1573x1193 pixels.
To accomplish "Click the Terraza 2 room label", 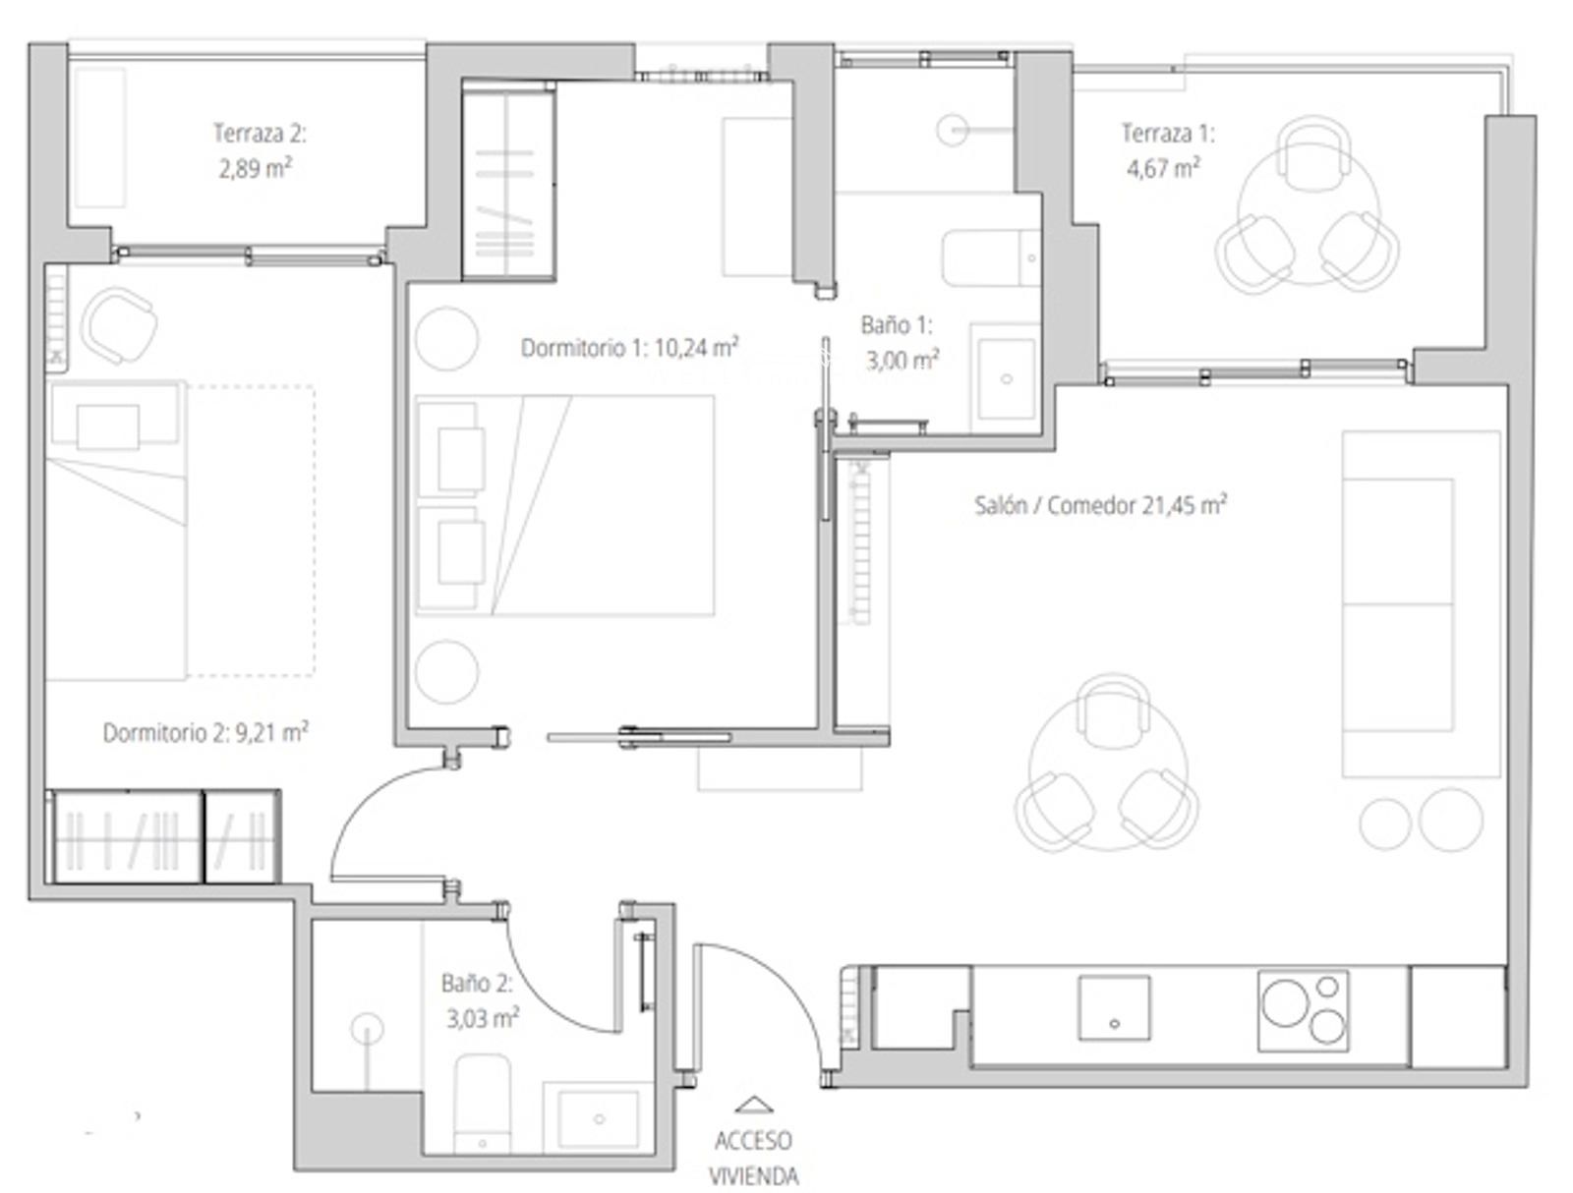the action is coord(260,134).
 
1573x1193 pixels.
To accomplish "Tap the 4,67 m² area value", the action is coord(1163,168).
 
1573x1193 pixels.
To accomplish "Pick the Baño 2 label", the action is coord(477,983).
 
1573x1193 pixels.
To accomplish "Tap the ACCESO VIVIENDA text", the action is coord(753,1158).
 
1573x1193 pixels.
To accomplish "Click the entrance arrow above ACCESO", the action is coord(754,1105).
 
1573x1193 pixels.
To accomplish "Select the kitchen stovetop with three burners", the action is coord(1303,1010).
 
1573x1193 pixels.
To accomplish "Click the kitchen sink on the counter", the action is coord(1114,1007).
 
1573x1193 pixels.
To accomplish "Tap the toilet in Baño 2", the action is coord(483,1103).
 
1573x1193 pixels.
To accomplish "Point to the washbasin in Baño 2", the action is coord(599,1118).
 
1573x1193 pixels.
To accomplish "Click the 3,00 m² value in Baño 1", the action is coord(903,361).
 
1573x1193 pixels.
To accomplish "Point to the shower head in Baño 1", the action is coord(952,131).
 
